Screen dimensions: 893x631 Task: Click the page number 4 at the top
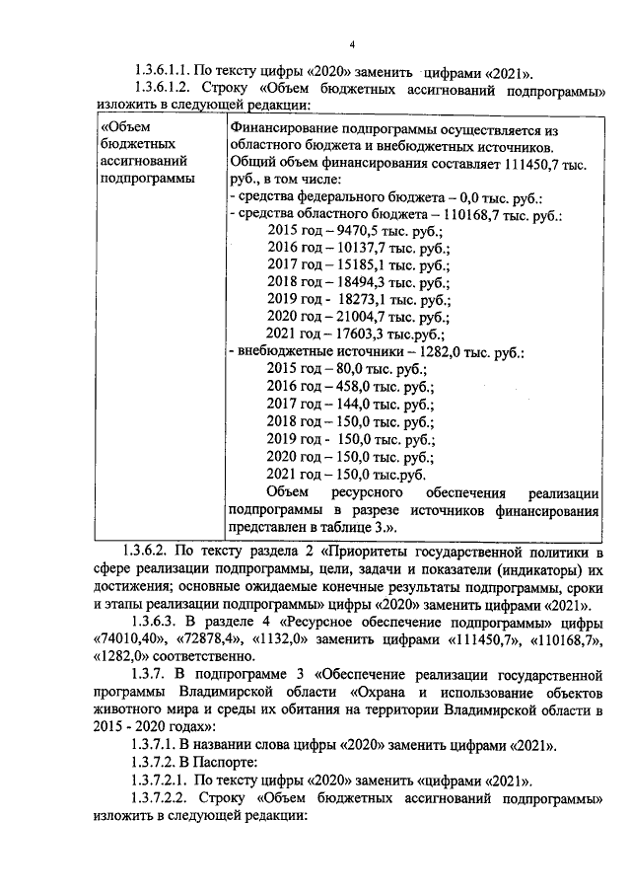(352, 44)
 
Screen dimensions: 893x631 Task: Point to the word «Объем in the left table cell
(125, 128)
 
